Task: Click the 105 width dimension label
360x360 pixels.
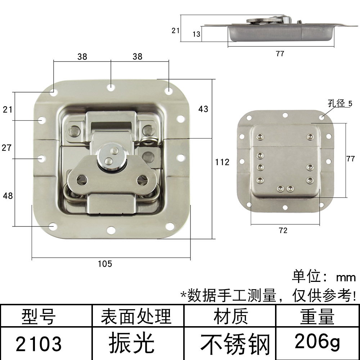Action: pos(105,264)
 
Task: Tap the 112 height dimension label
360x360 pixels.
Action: pos(222,162)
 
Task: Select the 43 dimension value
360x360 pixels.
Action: pos(203,109)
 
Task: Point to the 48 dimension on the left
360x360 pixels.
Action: pos(8,196)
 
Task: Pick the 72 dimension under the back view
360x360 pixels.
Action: pos(283,231)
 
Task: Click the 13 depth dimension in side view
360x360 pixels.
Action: pos(197,34)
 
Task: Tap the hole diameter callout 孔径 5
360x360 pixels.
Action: pos(339,103)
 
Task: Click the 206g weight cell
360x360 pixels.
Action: pos(317,341)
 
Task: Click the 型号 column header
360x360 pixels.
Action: pos(39,317)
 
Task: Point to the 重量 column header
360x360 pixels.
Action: pos(317,317)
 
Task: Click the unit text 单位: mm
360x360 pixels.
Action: pos(324,277)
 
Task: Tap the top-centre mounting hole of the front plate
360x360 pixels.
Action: pos(111,87)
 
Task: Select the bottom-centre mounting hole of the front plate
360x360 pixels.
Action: pos(111,229)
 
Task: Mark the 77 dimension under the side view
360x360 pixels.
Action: pos(280,54)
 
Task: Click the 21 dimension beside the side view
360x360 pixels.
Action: pos(175,31)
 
